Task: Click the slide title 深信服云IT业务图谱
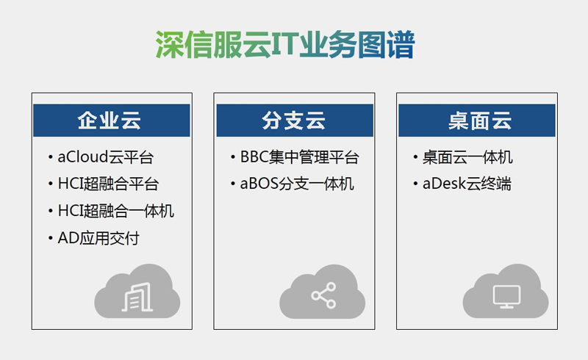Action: pyautogui.click(x=285, y=45)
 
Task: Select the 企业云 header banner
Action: pyautogui.click(x=112, y=120)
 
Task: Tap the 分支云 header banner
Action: pyautogui.click(x=295, y=120)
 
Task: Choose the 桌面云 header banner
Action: pyautogui.click(x=476, y=120)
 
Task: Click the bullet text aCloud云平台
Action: pyautogui.click(x=105, y=157)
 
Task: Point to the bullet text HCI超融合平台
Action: pyautogui.click(x=108, y=184)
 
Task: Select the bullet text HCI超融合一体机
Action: pyautogui.click(x=116, y=211)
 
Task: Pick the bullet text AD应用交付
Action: pyautogui.click(x=98, y=238)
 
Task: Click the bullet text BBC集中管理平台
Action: pyautogui.click(x=300, y=157)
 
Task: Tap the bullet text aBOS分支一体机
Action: pyautogui.click(x=297, y=184)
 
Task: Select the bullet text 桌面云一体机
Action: pyautogui.click(x=467, y=157)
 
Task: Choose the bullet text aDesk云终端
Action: pyautogui.click(x=467, y=184)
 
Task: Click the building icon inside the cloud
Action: pyautogui.click(x=137, y=297)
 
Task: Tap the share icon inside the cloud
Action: pyautogui.click(x=323, y=295)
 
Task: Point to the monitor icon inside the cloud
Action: pyautogui.click(x=506, y=297)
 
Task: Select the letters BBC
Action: pyautogui.click(x=254, y=157)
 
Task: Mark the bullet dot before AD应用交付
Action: pyautogui.click(x=50, y=238)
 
